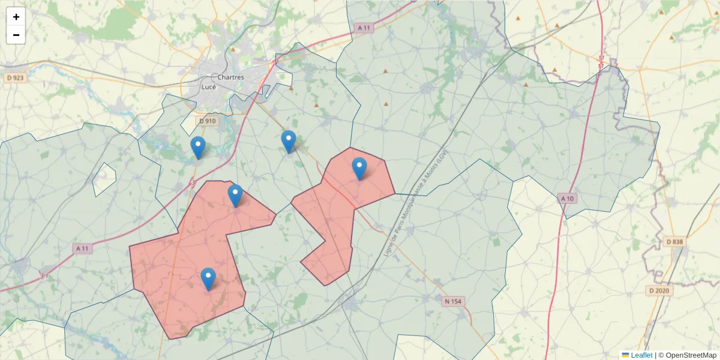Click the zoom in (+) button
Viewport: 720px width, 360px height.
coord(16,17)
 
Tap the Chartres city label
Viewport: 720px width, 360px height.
coord(230,77)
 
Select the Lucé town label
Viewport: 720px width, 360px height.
coord(208,87)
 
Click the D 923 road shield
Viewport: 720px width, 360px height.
coord(15,78)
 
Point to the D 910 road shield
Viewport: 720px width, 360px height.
coord(207,121)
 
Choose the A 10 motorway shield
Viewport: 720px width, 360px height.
coord(567,198)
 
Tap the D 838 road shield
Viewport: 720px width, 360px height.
coord(674,242)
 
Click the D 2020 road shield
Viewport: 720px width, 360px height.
coord(661,290)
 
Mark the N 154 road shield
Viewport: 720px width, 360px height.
coord(455,301)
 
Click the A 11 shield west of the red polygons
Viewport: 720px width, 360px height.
coord(83,248)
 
